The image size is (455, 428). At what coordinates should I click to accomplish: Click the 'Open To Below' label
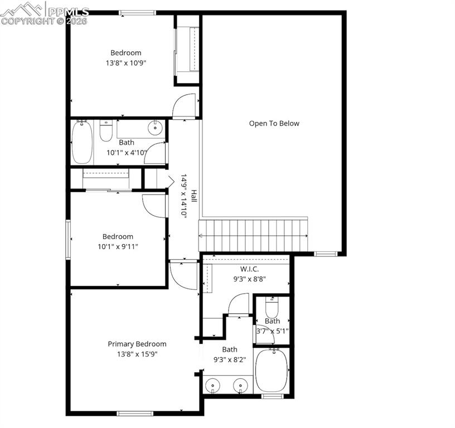[274, 124]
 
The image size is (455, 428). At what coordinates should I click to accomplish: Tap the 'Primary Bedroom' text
[137, 344]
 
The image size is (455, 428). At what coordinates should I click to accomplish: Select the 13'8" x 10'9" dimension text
[125, 63]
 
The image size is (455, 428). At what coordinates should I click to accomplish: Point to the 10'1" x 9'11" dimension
[118, 246]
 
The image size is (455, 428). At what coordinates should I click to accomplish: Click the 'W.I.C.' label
[249, 269]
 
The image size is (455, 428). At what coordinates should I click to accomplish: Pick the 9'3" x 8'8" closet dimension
[249, 279]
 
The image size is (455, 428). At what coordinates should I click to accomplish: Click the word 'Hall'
[193, 196]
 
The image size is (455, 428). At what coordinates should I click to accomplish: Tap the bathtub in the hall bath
[82, 142]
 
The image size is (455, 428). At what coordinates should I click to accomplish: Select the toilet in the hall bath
[106, 131]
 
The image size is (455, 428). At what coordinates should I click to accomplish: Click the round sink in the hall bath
[154, 129]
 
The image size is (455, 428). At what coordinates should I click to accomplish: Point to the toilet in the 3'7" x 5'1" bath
[272, 308]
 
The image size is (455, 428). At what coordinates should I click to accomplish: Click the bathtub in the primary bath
[272, 371]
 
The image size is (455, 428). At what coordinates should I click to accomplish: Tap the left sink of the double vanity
[212, 385]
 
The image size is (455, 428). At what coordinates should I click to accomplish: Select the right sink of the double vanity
[240, 385]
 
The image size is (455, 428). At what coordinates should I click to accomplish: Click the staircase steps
[254, 236]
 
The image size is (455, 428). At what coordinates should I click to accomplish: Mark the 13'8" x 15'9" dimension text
[137, 354]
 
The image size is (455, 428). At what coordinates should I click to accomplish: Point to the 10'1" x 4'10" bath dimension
[127, 152]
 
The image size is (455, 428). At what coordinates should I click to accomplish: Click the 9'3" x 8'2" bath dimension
[230, 359]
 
